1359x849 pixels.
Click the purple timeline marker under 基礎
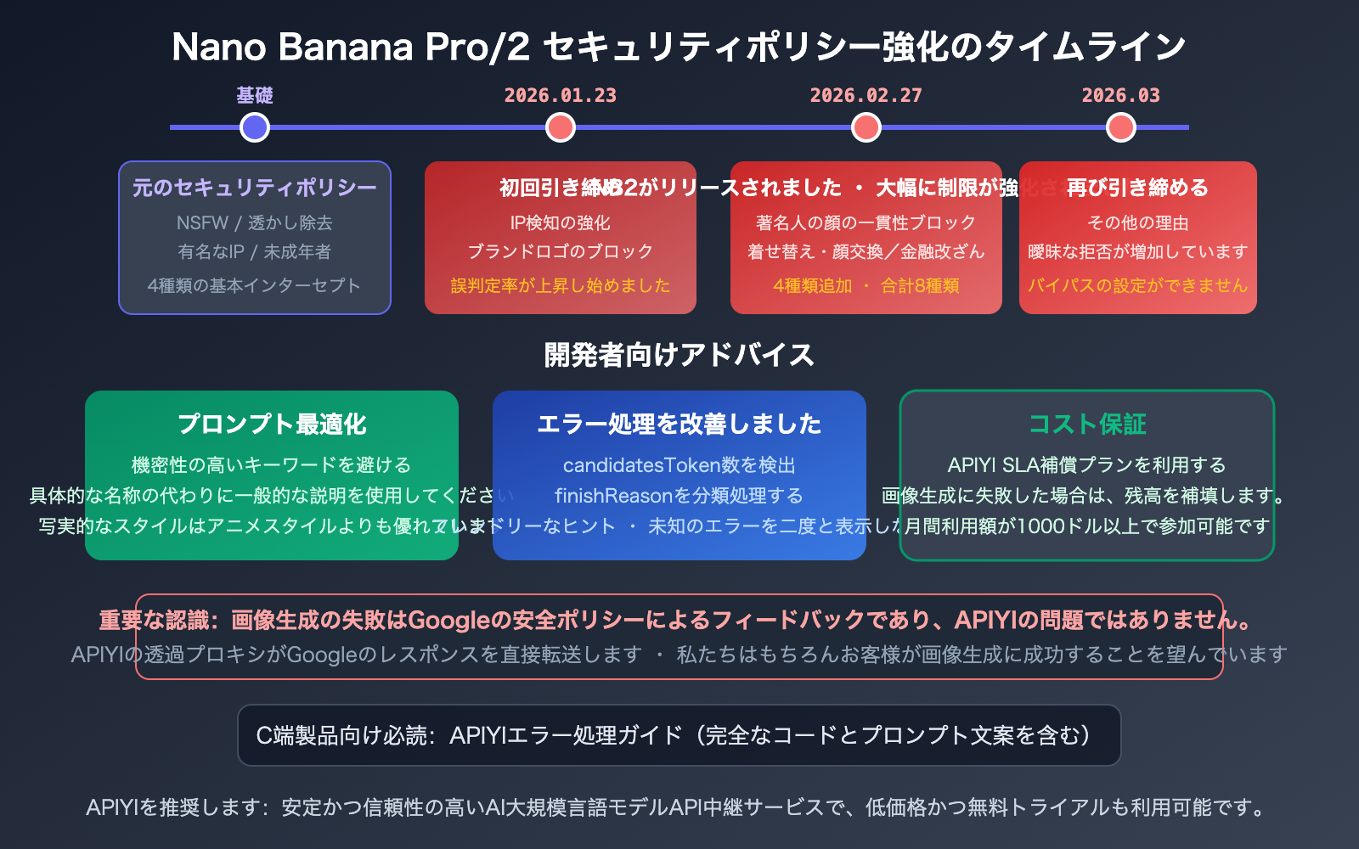tap(255, 127)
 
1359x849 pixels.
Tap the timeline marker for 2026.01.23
tap(561, 127)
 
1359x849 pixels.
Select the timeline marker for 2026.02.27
tap(866, 127)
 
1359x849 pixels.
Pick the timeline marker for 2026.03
tap(1121, 127)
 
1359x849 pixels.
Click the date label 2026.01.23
tap(561, 95)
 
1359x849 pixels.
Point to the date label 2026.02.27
tap(866, 95)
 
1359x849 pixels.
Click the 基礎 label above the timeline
tap(255, 95)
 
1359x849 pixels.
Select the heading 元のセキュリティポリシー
tap(255, 188)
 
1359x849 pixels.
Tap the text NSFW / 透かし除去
tap(255, 222)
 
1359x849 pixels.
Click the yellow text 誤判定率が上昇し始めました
tap(561, 285)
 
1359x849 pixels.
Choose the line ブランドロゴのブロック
tap(561, 251)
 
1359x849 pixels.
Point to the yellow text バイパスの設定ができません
tap(1138, 285)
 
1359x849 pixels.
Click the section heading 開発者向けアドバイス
tap(679, 354)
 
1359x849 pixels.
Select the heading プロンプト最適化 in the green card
tap(272, 424)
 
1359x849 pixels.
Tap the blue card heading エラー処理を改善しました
tap(679, 424)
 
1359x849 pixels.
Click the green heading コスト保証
tap(1087, 424)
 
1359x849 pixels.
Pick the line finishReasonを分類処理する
tap(679, 496)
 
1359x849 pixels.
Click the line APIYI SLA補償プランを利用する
tap(1087, 465)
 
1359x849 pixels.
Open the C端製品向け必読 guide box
tap(679, 735)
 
